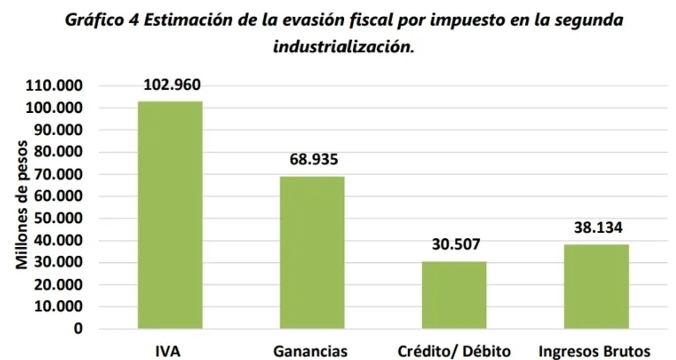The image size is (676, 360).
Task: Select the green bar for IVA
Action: (170, 214)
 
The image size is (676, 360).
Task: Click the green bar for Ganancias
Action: (312, 252)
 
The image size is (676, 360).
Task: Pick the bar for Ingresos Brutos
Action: (597, 286)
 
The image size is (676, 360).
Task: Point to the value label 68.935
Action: (313, 160)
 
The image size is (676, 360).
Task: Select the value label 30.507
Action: (455, 244)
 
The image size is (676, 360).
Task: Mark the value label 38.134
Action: (597, 228)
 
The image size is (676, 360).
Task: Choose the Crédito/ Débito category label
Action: (454, 350)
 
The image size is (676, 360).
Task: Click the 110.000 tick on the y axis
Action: (55, 86)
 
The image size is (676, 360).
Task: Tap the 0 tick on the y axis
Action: (78, 328)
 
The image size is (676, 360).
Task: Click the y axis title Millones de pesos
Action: (22, 205)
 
